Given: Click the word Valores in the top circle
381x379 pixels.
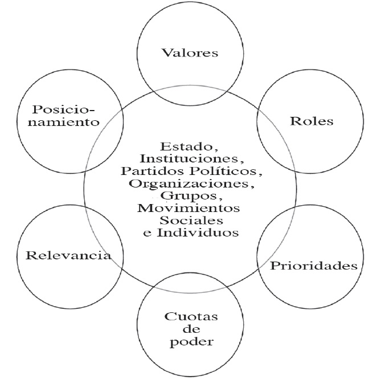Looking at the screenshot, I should pyautogui.click(x=190, y=54).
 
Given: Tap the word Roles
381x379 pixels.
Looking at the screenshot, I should pyautogui.click(x=311, y=121).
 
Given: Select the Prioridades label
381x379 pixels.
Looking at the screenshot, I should pyautogui.click(x=314, y=266).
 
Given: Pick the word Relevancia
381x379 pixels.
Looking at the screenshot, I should pyautogui.click(x=68, y=255).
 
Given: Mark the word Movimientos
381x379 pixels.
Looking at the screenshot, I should pyautogui.click(x=189, y=207).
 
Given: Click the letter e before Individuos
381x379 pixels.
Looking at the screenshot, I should pyautogui.click(x=148, y=233).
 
